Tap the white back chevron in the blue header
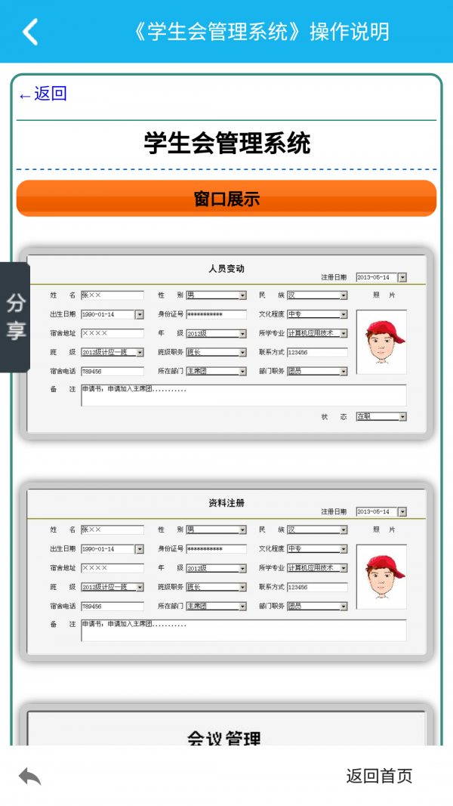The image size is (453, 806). click(30, 32)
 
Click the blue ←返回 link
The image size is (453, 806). click(43, 94)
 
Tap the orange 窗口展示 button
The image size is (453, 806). click(226, 199)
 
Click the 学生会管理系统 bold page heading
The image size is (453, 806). click(226, 143)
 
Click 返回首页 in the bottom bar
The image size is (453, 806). click(379, 776)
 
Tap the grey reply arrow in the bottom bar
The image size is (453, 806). click(30, 776)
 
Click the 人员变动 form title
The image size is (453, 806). click(226, 268)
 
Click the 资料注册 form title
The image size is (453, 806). click(226, 503)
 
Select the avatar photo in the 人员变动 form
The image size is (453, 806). click(381, 341)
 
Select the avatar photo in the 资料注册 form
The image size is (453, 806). click(381, 576)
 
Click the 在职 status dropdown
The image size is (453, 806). click(381, 416)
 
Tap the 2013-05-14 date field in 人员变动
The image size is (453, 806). click(381, 278)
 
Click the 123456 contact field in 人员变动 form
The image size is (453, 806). click(317, 352)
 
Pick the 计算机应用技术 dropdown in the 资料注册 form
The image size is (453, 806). click(317, 568)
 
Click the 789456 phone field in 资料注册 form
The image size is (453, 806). click(112, 606)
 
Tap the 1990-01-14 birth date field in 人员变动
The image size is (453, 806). click(112, 314)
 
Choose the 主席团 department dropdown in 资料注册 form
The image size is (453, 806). click(216, 606)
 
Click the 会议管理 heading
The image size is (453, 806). click(223, 737)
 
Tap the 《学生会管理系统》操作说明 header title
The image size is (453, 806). click(260, 32)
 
